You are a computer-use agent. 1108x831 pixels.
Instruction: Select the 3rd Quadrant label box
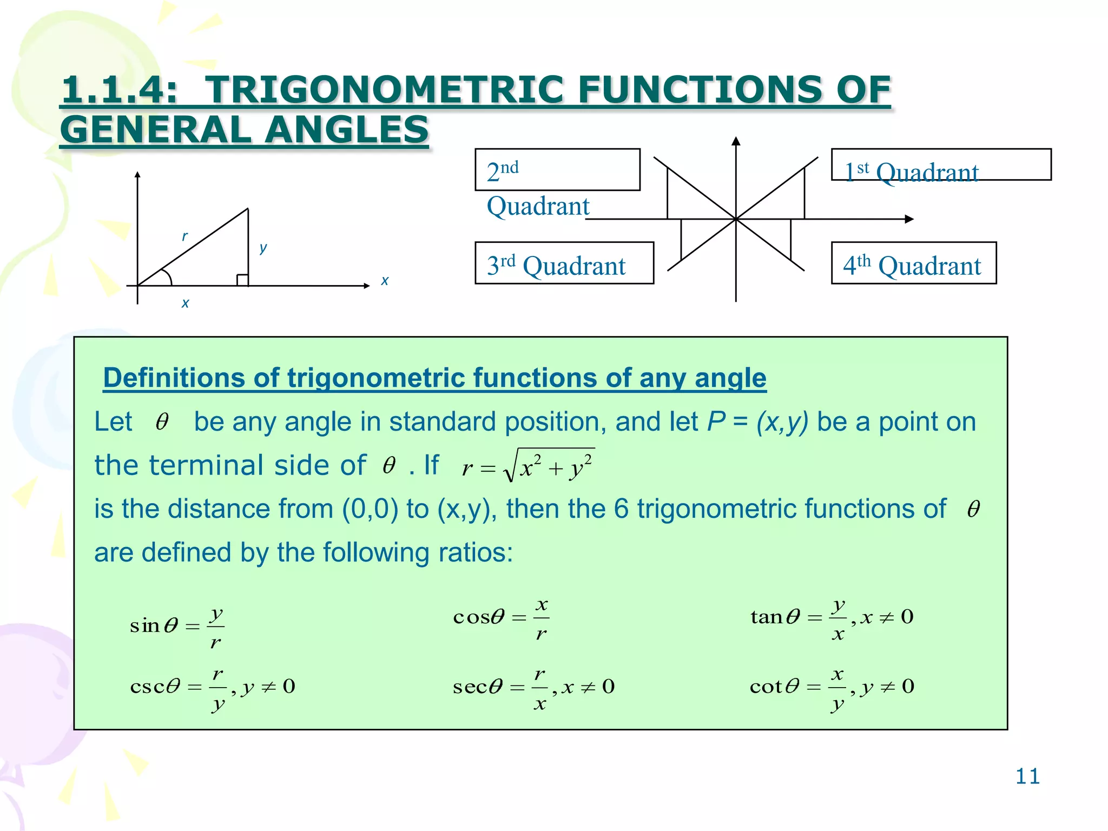(564, 263)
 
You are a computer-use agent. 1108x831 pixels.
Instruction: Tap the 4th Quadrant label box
(913, 263)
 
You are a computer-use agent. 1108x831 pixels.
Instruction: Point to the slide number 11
(1027, 776)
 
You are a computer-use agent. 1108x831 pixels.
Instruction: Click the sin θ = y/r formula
(177, 626)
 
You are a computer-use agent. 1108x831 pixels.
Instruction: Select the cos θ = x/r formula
(501, 617)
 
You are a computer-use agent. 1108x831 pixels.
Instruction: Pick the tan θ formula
(832, 617)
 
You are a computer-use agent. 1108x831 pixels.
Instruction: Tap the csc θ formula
(213, 687)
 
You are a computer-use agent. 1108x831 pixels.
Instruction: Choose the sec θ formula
(533, 687)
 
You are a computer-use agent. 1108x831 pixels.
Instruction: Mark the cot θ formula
(832, 687)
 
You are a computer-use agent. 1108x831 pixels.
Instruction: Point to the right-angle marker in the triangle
(242, 280)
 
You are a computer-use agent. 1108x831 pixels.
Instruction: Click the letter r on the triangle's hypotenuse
(184, 236)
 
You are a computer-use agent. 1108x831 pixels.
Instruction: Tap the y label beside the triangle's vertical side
(263, 248)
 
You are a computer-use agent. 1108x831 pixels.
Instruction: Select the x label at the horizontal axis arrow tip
(385, 281)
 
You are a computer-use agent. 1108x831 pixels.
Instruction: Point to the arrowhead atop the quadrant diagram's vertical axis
(736, 141)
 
